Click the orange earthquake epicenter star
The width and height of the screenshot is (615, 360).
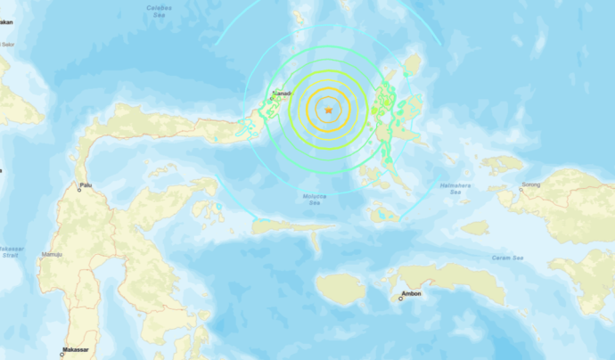(x=328, y=110)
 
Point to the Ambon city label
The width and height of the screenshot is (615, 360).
(x=412, y=293)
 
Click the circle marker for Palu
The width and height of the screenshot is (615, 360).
(x=78, y=190)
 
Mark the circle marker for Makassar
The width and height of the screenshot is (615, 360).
(x=61, y=355)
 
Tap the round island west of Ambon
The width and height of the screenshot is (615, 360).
(x=340, y=288)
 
